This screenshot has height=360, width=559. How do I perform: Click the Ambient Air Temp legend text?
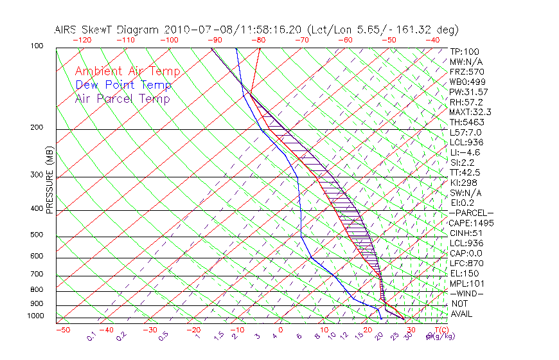pos(127,71)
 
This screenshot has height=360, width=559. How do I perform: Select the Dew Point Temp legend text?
pos(123,85)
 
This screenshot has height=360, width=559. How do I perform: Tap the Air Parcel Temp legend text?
pos(122,98)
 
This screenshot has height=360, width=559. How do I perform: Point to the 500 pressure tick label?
pos(36,235)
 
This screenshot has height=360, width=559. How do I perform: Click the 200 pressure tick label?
pos(36,127)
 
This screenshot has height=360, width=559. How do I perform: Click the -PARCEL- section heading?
pos(471,213)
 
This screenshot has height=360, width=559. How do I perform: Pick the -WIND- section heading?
pos(467,294)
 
